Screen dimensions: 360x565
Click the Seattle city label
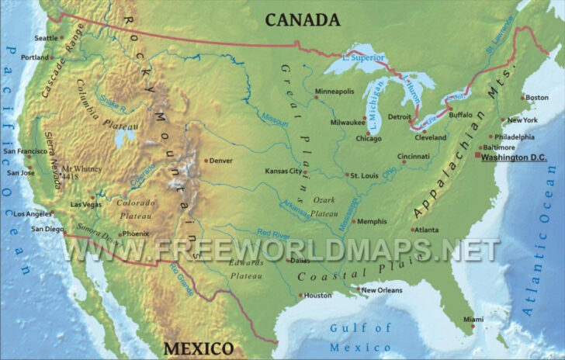point(47,38)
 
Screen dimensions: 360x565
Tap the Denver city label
point(221,161)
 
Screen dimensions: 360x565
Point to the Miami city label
point(473,320)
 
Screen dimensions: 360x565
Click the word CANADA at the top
point(303,20)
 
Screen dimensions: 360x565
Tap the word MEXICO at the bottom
point(197,347)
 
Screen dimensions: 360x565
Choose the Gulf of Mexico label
point(361,337)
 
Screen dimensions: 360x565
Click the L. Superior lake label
point(364,57)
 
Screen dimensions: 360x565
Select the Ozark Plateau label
point(324,206)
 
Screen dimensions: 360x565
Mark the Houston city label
point(317,295)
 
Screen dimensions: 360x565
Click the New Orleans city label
point(382,290)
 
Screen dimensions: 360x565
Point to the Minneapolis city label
point(334,92)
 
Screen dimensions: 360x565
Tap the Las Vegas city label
point(85,204)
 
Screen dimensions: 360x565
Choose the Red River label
point(274,233)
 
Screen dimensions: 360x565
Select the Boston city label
point(536,98)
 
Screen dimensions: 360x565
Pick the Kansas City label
point(282,171)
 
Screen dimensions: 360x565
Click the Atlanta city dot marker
point(413,230)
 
